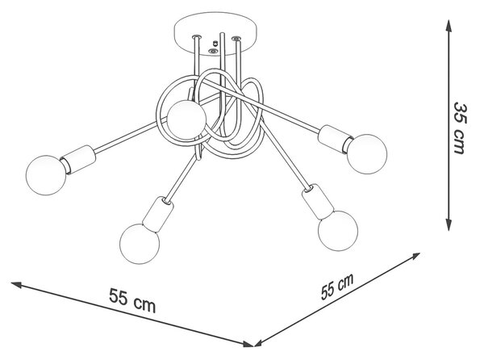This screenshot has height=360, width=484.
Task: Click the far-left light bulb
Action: pyautogui.click(x=46, y=175)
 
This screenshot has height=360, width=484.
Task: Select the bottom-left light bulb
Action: pyautogui.click(x=140, y=244)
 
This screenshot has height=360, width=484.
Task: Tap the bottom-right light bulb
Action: pyautogui.click(x=338, y=231)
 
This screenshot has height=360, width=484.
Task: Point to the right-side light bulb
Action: pyautogui.click(x=367, y=154)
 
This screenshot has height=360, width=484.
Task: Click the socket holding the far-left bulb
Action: pyautogui.click(x=78, y=160)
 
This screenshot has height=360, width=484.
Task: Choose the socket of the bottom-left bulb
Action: pyautogui.click(x=158, y=214)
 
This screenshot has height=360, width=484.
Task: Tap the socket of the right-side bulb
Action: pyautogui.click(x=335, y=139)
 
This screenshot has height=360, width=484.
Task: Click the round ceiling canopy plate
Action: pyautogui.click(x=215, y=34)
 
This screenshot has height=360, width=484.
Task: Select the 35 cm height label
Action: pyautogui.click(x=461, y=128)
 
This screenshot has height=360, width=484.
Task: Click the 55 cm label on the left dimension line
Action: pyautogui.click(x=132, y=300)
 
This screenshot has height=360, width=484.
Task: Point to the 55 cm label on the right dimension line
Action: pyautogui.click(x=337, y=287)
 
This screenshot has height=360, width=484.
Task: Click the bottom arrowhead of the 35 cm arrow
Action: pyautogui.click(x=449, y=224)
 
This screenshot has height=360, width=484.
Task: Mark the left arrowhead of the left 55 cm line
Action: pyautogui.click(x=17, y=284)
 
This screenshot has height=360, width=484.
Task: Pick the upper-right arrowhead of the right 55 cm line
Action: pyautogui.click(x=415, y=256)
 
